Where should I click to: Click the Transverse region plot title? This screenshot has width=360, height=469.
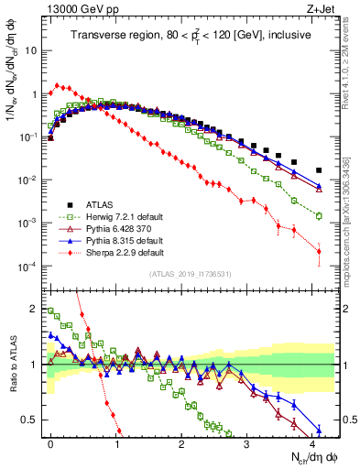tap(190, 36)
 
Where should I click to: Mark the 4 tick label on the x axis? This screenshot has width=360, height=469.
tap(313, 443)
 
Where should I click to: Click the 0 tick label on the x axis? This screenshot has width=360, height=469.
tap(50, 443)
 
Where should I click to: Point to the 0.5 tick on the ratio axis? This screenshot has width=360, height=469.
tap(33, 420)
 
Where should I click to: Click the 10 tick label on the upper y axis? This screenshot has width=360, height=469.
tap(31, 50)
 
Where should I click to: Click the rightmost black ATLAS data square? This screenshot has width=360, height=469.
tap(319, 170)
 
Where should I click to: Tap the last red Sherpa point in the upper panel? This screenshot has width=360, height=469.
tap(319, 251)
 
